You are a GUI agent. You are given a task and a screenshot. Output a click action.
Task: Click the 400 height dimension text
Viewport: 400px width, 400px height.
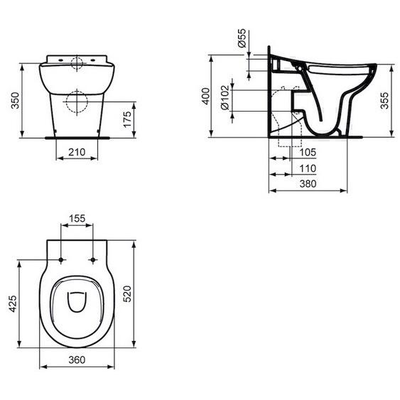coord(205,97)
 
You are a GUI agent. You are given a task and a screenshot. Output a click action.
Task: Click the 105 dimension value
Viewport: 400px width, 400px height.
coord(308,152)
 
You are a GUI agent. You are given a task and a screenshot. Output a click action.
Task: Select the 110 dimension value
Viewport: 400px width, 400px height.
coord(308,168)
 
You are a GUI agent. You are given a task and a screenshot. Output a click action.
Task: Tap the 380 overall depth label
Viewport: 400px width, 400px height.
coord(308,183)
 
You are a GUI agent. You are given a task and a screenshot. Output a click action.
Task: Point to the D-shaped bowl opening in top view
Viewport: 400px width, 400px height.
coord(77,303)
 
